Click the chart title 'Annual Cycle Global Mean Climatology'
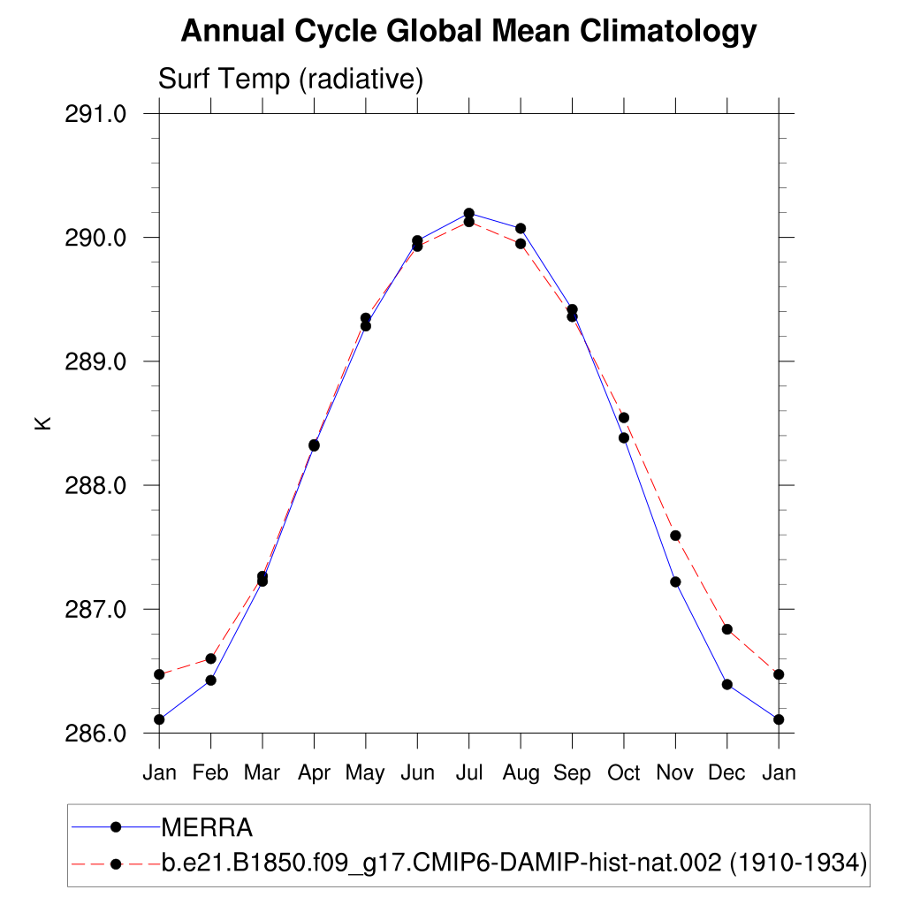(x=468, y=32)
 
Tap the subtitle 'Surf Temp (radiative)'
(x=291, y=80)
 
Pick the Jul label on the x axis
(x=468, y=773)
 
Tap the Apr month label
(x=314, y=773)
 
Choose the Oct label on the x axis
(x=623, y=773)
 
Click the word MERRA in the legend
(x=207, y=828)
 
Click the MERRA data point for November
(x=675, y=582)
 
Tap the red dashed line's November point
(x=675, y=536)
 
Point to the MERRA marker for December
(x=726, y=684)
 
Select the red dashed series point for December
(x=726, y=629)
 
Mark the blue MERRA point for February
(x=210, y=680)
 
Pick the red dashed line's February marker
(x=210, y=658)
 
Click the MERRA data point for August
(x=521, y=229)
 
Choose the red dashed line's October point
(x=623, y=417)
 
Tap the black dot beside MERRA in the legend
(x=115, y=827)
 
